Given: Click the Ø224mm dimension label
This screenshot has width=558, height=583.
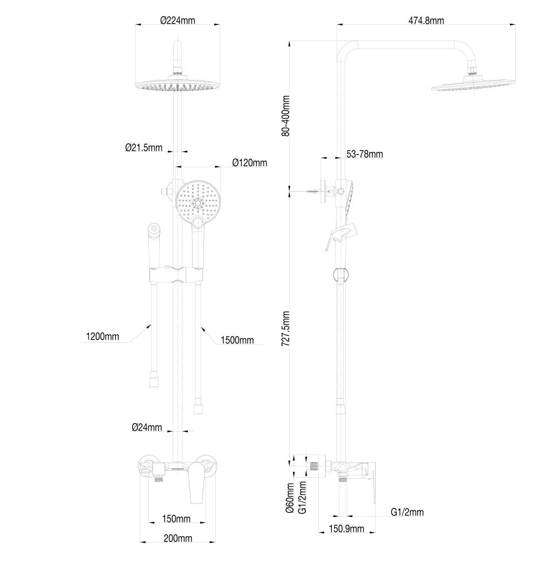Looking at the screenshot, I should pos(178,21).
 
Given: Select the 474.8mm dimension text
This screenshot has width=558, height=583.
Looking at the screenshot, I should pos(426,21).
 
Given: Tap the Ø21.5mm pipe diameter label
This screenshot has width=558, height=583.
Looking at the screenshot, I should pos(144,147).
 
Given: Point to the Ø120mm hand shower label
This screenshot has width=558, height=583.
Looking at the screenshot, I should pos(249,162).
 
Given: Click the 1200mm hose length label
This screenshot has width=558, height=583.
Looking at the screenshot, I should pos(102,337).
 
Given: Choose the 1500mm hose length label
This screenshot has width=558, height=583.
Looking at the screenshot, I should pos(237,340).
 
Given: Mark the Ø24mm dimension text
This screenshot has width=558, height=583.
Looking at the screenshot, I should pos(147,428).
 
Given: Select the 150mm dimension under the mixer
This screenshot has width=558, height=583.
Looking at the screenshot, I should pos(176,519).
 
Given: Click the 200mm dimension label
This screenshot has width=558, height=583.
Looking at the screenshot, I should pos(178,538).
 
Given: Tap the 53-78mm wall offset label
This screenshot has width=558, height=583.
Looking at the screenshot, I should pos(364,154).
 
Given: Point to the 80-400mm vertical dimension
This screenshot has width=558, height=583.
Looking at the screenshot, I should pos(286,116).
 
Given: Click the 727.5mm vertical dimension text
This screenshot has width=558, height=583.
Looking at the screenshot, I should pos(286,328).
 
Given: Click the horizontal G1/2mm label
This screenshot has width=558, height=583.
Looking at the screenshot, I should pos(407,512).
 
